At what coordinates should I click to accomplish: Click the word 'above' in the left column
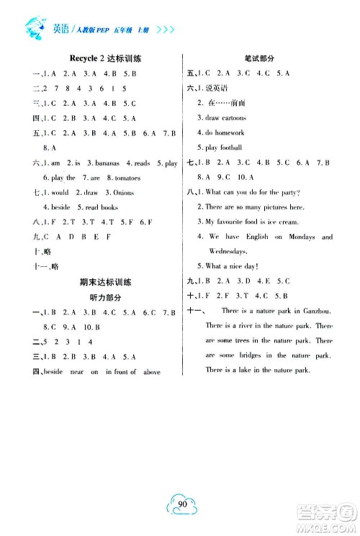(151, 371)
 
